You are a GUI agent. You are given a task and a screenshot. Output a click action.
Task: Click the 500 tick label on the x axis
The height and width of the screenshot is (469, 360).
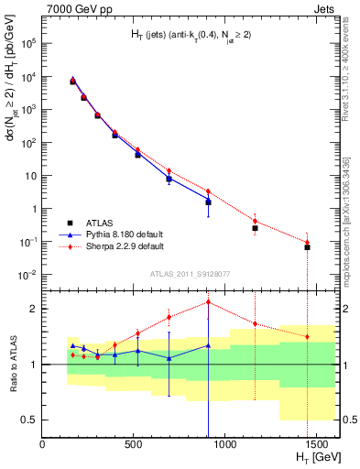(x=131, y=442)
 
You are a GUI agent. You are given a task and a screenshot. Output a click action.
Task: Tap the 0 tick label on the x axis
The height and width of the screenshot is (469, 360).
(x=43, y=442)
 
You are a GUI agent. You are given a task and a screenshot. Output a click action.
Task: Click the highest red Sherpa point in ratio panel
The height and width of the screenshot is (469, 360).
(x=209, y=301)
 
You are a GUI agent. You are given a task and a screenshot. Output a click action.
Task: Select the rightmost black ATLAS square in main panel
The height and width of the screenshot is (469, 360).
(x=307, y=247)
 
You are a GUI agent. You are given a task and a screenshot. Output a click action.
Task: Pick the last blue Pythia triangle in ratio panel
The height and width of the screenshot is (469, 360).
(x=209, y=345)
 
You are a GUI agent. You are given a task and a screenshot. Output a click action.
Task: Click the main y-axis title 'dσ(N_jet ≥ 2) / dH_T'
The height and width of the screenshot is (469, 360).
(x=11, y=110)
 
